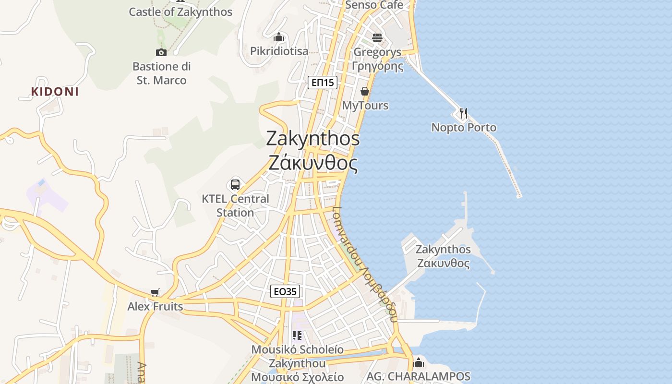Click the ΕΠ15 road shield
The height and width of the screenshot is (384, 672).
[x=323, y=83]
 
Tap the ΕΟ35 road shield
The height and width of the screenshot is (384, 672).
[x=285, y=291]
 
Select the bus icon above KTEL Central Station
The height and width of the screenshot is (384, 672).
[x=235, y=184]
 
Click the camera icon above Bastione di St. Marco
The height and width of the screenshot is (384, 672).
[x=161, y=52]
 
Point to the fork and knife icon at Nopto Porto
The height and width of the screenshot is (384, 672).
[x=463, y=113]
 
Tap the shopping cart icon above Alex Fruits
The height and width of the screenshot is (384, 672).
[x=155, y=292]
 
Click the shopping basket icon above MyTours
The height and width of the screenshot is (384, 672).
[x=365, y=91]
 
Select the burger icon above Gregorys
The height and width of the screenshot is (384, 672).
[x=377, y=37]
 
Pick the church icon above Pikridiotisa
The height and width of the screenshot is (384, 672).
[x=279, y=37]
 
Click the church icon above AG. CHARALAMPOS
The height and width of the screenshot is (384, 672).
[x=419, y=362]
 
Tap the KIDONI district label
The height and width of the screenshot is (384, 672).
[x=55, y=92]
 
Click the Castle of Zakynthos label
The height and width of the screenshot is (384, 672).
[x=180, y=12]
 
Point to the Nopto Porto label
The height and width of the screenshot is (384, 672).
[x=464, y=128]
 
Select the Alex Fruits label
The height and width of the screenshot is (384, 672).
[x=155, y=306]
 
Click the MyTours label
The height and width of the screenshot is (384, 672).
[x=365, y=105]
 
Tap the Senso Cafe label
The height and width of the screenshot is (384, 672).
[x=374, y=5]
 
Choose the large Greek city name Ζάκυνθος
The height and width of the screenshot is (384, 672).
[x=313, y=164]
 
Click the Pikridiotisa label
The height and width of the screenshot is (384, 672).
[x=279, y=51]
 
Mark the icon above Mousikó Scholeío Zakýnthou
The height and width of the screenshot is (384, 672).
[x=297, y=336]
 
